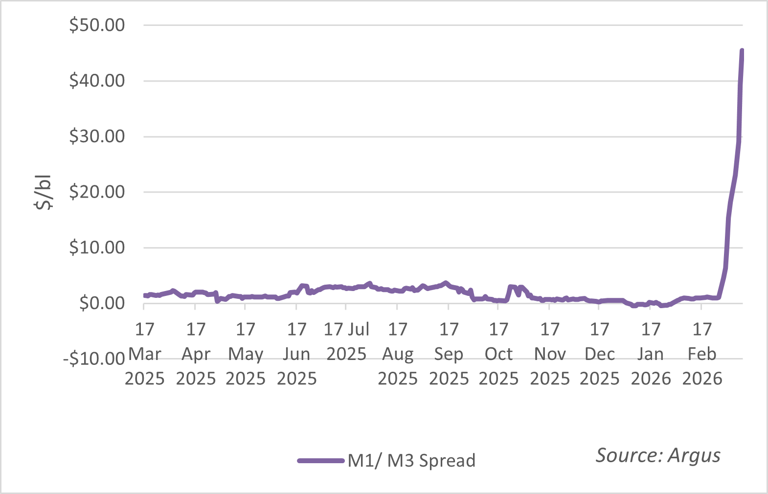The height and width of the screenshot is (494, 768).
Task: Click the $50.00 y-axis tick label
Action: (x=97, y=25)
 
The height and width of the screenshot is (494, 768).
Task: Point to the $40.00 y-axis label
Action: (x=97, y=81)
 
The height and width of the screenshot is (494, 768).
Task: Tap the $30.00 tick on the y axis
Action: (x=97, y=136)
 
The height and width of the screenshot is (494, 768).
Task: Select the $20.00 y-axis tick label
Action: (x=97, y=192)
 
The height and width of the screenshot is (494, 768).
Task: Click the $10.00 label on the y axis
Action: (x=97, y=247)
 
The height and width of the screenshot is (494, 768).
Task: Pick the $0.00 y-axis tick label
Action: (x=102, y=303)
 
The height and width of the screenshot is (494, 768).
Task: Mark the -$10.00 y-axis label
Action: (x=94, y=359)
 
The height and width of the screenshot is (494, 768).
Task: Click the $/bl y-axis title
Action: (x=44, y=192)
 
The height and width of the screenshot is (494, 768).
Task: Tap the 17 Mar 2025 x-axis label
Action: (x=144, y=354)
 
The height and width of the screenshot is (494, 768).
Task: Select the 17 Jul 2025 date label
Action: (x=346, y=341)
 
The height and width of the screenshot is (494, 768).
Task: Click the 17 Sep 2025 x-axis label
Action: (x=449, y=354)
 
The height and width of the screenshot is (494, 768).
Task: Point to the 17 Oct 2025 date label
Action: (x=498, y=354)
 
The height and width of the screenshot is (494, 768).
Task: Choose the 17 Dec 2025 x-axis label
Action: (x=600, y=354)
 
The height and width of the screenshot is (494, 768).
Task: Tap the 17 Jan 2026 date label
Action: (x=651, y=354)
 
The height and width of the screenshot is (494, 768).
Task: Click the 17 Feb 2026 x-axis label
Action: (x=702, y=354)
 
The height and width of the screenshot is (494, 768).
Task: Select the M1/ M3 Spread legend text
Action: (x=411, y=461)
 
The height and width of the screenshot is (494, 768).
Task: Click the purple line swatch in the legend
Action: (x=321, y=461)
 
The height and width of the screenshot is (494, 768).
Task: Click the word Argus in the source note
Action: (x=694, y=455)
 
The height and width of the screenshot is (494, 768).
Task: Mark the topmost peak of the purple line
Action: (x=742, y=50)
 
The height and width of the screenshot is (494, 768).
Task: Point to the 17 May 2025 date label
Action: (x=246, y=354)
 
